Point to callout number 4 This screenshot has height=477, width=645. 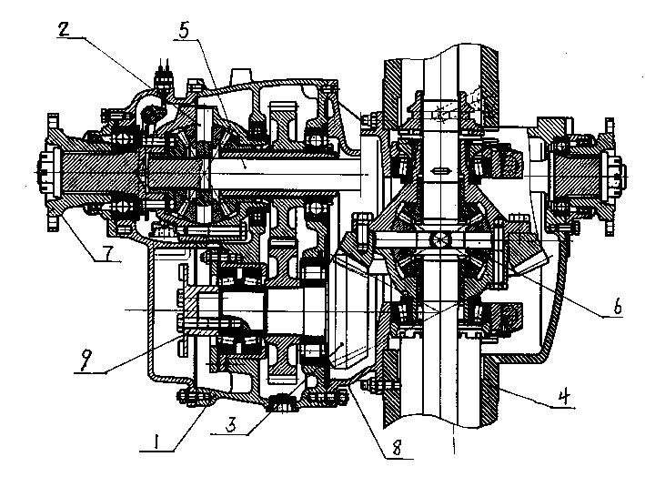click(564, 398)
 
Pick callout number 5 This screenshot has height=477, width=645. click(184, 30)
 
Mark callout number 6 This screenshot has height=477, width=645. click(618, 307)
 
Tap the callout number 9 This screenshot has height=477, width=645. click(86, 362)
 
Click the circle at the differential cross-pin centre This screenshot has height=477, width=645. click(438, 238)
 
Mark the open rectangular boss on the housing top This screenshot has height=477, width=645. click(241, 76)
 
